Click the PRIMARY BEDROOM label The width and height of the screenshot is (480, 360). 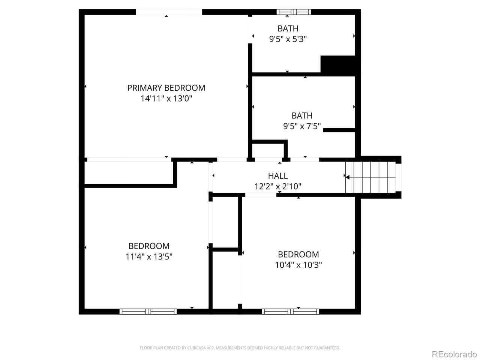pyautogui.click(x=166, y=88)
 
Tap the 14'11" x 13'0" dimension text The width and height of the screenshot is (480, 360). pyautogui.click(x=166, y=99)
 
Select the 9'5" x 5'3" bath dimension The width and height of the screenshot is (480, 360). pyautogui.click(x=288, y=39)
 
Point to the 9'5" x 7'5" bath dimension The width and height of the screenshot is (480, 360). pyautogui.click(x=302, y=126)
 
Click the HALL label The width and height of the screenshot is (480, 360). pyautogui.click(x=278, y=176)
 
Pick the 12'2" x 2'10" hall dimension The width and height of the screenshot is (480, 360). pyautogui.click(x=278, y=186)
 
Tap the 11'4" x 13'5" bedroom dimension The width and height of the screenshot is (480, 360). pyautogui.click(x=149, y=256)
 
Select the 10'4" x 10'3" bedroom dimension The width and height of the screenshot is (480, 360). pyautogui.click(x=298, y=265)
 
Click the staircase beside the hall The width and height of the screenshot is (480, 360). pyautogui.click(x=370, y=177)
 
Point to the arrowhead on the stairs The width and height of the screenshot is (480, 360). pyautogui.click(x=348, y=177)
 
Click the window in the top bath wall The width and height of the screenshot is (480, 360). pyautogui.click(x=294, y=12)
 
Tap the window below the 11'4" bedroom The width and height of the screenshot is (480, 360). pyautogui.click(x=148, y=312)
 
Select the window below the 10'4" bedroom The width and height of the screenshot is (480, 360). pyautogui.click(x=290, y=312)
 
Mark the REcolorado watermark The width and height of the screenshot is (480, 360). pyautogui.click(x=454, y=354)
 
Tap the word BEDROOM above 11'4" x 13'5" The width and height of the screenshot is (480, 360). pyautogui.click(x=149, y=246)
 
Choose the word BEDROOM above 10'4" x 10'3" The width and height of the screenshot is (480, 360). pyautogui.click(x=298, y=254)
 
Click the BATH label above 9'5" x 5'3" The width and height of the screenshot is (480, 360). pyautogui.click(x=288, y=28)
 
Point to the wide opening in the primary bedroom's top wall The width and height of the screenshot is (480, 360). pyautogui.click(x=169, y=12)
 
